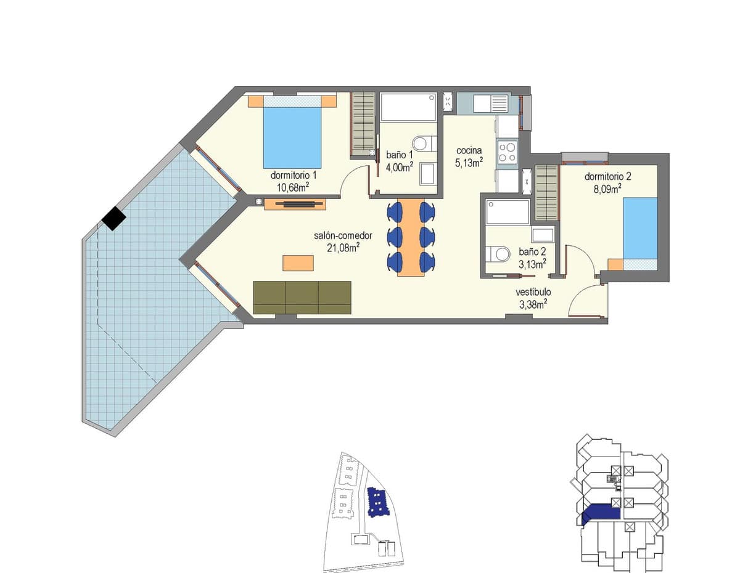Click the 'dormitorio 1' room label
(293, 175)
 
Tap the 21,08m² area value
(343, 247)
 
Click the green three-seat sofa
(302, 298)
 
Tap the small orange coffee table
(298, 263)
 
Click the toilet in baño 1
(425, 144)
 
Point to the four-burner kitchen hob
(507, 152)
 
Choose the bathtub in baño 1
(409, 107)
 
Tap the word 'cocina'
(469, 150)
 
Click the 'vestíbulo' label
(533, 292)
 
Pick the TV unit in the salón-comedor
(295, 204)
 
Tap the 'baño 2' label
(532, 251)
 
